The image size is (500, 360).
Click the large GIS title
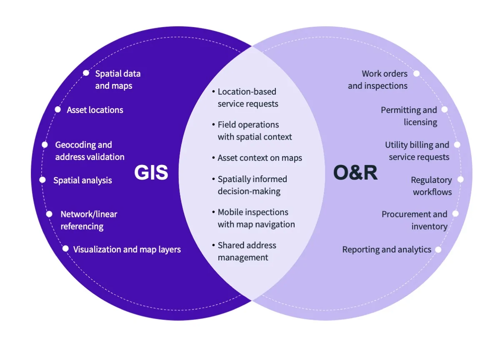pos(151,172)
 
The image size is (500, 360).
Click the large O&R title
pos(355,172)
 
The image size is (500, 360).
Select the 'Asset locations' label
pos(95,110)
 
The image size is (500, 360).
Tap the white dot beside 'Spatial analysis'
pos(42,180)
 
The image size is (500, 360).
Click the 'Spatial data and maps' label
pos(117,80)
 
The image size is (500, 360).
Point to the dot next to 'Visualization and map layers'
pos(65,249)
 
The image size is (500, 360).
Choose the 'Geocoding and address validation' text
pos(90,151)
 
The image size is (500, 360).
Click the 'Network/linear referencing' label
pos(89,220)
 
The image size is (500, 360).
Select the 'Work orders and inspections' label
pos(377,80)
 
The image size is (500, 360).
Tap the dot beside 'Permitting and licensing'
pos(445,110)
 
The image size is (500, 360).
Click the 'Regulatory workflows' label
pos(432,186)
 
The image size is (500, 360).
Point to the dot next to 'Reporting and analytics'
pos(438,250)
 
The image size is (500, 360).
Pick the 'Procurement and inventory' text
pos(415,220)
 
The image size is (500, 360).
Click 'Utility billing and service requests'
pos(417,151)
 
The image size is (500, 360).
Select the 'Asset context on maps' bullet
pos(259,158)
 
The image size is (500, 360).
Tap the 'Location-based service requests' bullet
pos(247,97)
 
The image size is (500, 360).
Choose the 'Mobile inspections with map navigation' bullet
pos(255,218)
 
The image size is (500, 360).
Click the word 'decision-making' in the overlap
pos(249,191)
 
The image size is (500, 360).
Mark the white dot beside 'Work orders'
pos(416,73)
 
